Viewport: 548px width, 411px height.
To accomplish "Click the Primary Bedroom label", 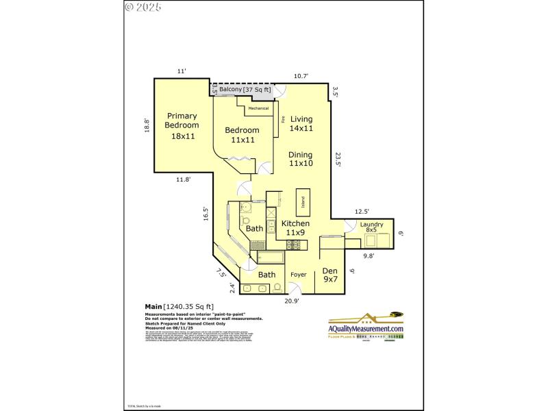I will [182, 125].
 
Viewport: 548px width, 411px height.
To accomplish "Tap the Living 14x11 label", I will [301, 123].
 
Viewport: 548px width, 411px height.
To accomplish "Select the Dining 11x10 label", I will [301, 159].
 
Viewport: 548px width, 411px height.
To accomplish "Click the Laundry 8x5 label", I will [371, 227].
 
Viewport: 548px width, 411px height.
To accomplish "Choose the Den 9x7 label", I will [330, 275].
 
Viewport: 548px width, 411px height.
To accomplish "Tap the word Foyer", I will [299, 275].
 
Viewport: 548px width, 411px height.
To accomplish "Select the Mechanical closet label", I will [258, 108].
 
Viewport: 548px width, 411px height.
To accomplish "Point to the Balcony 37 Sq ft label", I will [245, 90].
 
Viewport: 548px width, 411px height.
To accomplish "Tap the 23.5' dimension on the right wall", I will [338, 159].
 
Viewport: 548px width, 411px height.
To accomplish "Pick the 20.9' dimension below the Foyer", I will [292, 299].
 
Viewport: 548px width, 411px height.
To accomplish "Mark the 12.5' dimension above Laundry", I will [362, 211].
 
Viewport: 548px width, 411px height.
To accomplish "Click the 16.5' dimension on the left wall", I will [206, 214].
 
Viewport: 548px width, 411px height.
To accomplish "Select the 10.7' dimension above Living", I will [301, 76].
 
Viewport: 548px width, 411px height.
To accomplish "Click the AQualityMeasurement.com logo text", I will [366, 329].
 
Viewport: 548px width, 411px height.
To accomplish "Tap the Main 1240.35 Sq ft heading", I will [179, 306].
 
